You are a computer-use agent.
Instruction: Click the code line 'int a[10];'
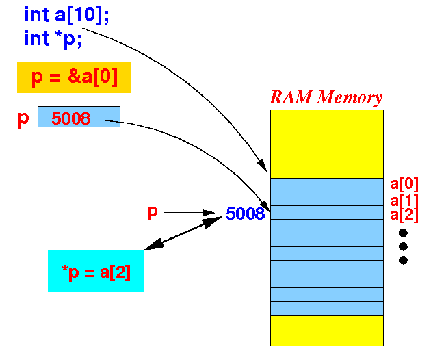coord(66,15)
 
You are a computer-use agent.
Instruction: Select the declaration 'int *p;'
coord(53,38)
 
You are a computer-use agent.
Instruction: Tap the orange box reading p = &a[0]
coord(74,77)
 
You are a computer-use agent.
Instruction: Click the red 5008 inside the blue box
coord(70,118)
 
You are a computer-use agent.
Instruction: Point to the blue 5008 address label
coord(245,214)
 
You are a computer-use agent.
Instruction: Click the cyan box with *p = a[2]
coord(96,270)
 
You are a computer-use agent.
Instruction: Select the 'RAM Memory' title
coord(326,97)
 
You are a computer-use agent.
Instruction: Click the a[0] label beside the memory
coord(404,184)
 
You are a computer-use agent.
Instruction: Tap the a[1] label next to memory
coord(404,201)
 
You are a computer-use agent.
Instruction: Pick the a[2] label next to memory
coord(404,215)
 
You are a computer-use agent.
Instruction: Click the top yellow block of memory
coord(327,144)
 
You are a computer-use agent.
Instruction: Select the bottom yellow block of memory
coord(327,331)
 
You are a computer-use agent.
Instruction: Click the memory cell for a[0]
coord(327,185)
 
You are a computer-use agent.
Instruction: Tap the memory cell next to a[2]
coord(327,212)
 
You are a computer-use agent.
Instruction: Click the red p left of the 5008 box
coord(23,119)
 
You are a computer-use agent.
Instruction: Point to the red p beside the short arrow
coord(153,212)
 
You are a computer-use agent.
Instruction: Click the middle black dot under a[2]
coord(403,246)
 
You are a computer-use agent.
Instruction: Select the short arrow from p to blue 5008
coord(190,212)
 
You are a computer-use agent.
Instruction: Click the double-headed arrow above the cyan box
coord(183,233)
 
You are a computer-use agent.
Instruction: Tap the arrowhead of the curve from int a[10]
coord(262,166)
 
